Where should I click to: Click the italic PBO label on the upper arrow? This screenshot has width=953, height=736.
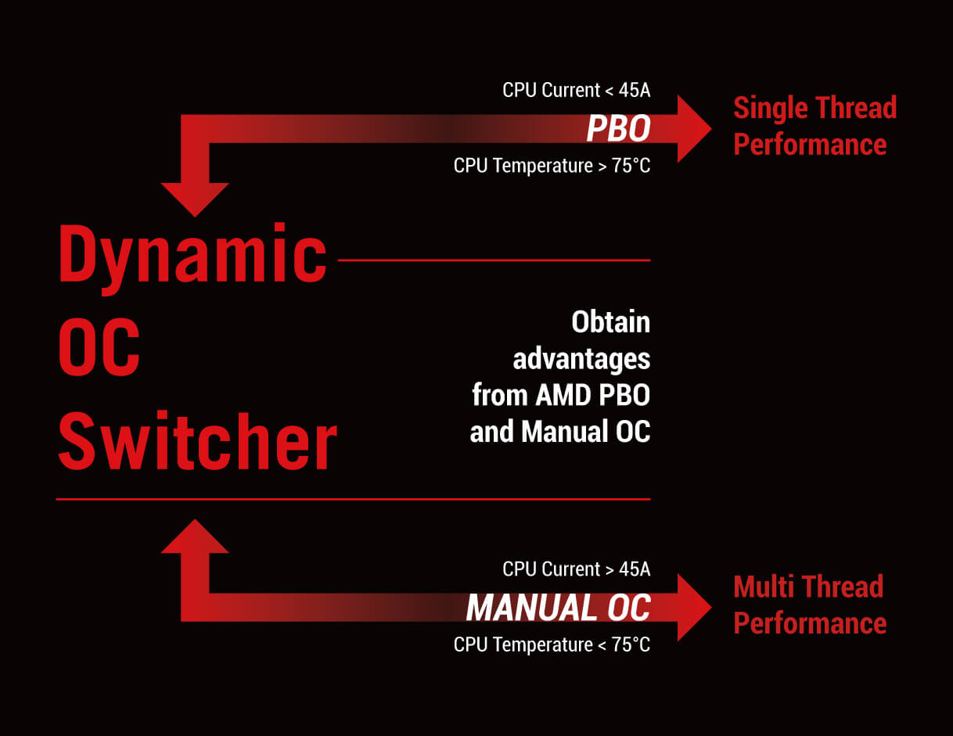pos(618,128)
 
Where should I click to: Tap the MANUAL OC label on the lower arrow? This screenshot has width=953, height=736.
pos(558,608)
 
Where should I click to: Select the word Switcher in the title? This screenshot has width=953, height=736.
pos(197,440)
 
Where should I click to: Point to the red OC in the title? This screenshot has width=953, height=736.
pos(99,346)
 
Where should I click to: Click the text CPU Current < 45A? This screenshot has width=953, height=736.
pos(577,90)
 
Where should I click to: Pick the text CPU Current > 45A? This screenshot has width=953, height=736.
pos(577,569)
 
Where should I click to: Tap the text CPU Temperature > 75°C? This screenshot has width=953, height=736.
pos(552,166)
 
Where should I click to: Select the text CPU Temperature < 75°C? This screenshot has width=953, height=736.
pos(552,644)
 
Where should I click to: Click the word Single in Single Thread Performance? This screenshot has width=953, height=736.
pos(771,108)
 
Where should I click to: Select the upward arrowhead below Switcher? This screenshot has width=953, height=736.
pos(195,536)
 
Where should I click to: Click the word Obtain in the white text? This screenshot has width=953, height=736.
pos(610,322)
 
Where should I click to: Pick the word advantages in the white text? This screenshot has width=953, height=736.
pos(581,361)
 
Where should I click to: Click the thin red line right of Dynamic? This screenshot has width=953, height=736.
pos(494,260)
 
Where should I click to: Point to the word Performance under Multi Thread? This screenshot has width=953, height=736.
pos(810,624)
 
